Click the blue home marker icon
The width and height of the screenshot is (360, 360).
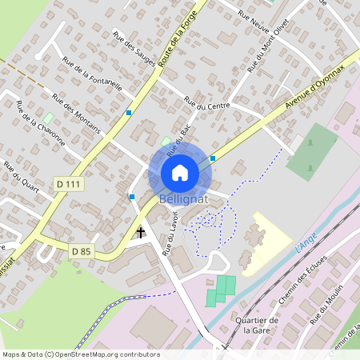pyautogui.click(x=180, y=172)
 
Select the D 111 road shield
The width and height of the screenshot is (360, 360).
pyautogui.click(x=70, y=184)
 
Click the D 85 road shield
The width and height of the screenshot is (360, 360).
pyautogui.click(x=81, y=251)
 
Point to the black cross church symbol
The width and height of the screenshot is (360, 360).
pyautogui.click(x=142, y=233)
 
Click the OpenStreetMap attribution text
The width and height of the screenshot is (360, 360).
pyautogui.click(x=80, y=354)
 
